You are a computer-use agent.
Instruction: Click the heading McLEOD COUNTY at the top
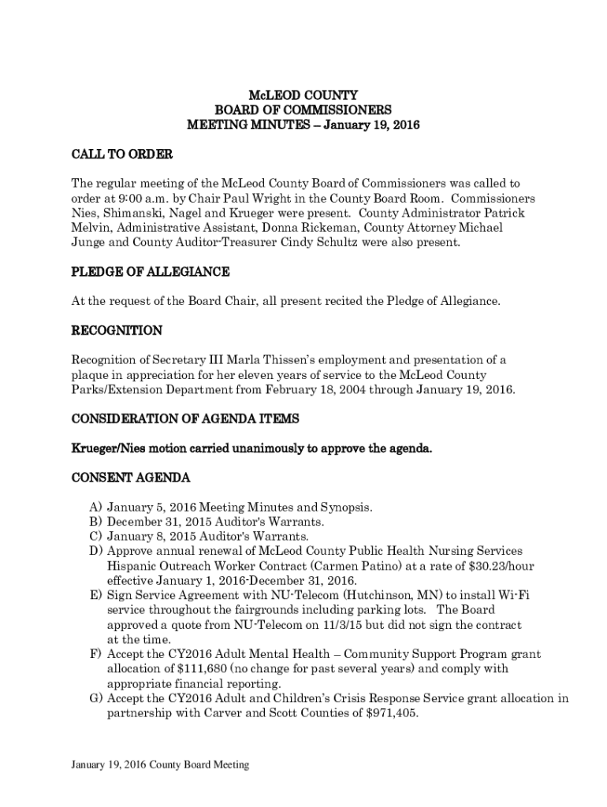pyautogui.click(x=303, y=95)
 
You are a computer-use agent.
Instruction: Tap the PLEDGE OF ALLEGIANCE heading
pyautogui.click(x=151, y=272)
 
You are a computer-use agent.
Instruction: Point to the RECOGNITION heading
pyautogui.click(x=117, y=330)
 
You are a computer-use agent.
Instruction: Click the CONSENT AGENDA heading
pyautogui.click(x=130, y=478)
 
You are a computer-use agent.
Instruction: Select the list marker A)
pyautogui.click(x=95, y=508)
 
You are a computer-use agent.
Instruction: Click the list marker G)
pyautogui.click(x=95, y=698)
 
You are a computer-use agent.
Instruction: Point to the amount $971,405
pyautogui.click(x=389, y=713)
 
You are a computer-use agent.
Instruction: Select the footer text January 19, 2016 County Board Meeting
pyautogui.click(x=160, y=764)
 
